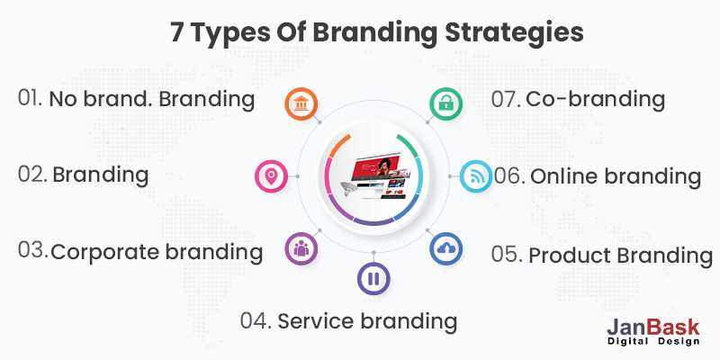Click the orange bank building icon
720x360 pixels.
click(x=301, y=104)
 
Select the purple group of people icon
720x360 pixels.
click(x=300, y=248)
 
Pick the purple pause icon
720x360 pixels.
click(x=373, y=278)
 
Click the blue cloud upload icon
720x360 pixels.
click(x=445, y=248)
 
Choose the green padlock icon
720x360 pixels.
click(x=444, y=104)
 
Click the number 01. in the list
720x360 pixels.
click(x=30, y=98)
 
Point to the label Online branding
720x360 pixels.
click(x=615, y=176)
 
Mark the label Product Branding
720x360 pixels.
click(x=620, y=255)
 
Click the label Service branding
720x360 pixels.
click(x=367, y=320)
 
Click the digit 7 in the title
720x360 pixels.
click(x=178, y=32)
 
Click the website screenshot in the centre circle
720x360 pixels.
click(x=373, y=175)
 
